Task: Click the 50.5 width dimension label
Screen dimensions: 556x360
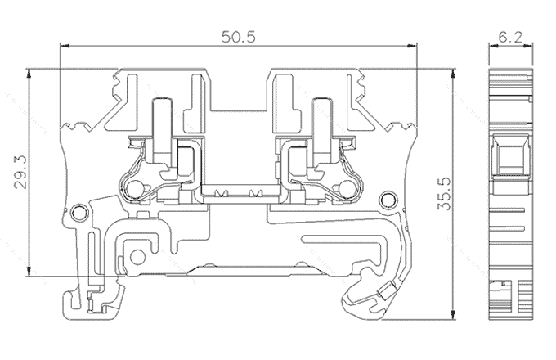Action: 238,37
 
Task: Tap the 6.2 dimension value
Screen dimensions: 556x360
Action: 510,37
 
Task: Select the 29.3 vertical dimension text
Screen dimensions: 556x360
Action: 20,172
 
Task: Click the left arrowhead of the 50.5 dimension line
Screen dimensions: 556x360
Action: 65,46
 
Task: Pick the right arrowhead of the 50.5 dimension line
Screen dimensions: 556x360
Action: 412,46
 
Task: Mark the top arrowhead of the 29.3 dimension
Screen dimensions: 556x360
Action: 29,73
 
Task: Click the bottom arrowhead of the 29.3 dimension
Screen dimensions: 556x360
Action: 29,272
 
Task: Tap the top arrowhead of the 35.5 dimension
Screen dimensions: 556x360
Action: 453,74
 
